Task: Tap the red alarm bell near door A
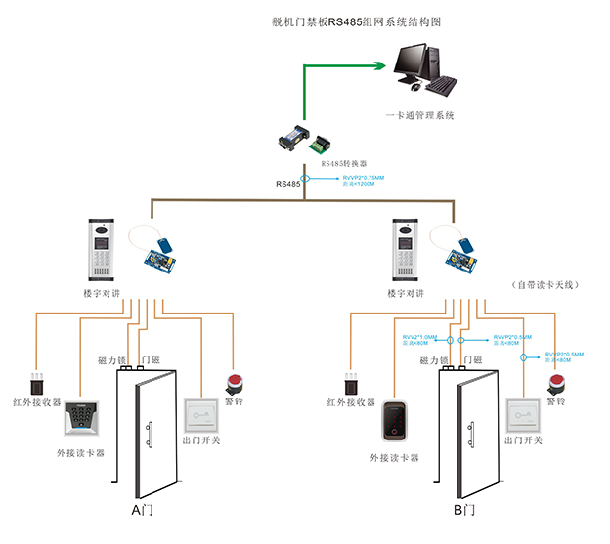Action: (235, 383)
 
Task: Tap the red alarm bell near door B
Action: (556, 383)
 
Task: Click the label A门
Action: (143, 510)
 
